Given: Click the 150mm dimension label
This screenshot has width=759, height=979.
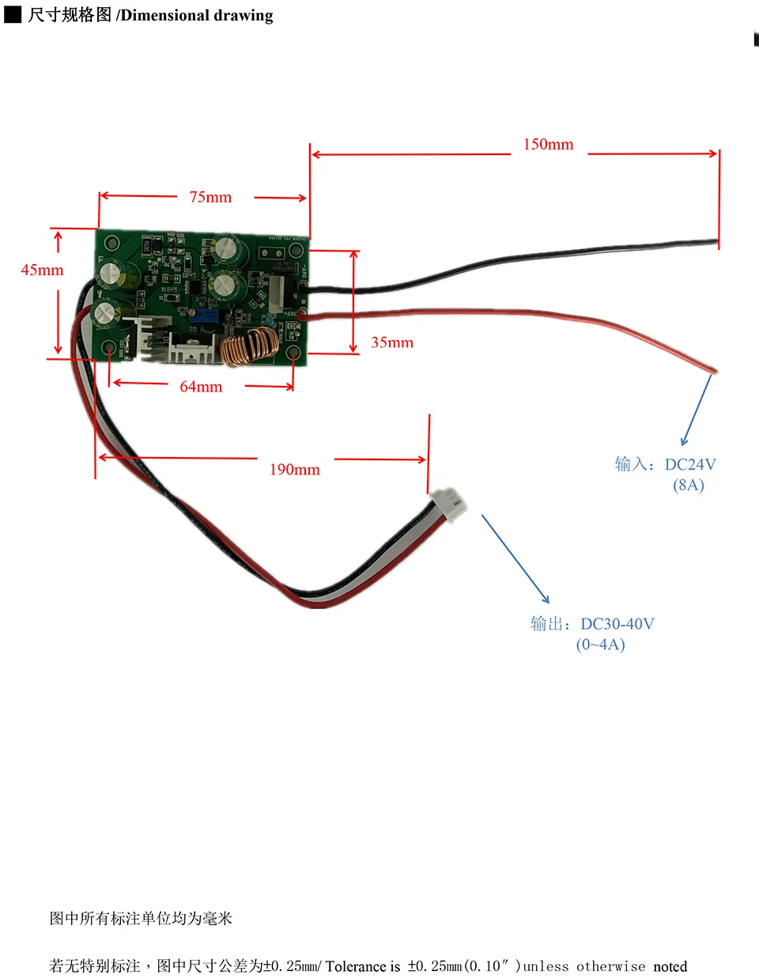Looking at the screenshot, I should pyautogui.click(x=548, y=145).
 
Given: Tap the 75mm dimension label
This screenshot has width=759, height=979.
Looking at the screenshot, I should pyautogui.click(x=210, y=198).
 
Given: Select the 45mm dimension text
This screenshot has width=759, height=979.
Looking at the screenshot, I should pyautogui.click(x=42, y=270).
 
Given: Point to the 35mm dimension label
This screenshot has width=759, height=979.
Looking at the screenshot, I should pyautogui.click(x=392, y=342).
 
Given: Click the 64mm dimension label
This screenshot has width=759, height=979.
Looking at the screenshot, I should pyautogui.click(x=201, y=387).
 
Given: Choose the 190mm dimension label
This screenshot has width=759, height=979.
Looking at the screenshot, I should pyautogui.click(x=295, y=470).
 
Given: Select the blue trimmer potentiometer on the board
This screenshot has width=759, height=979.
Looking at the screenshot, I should pyautogui.click(x=207, y=316).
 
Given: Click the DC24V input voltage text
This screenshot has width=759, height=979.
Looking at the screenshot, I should pyautogui.click(x=690, y=465).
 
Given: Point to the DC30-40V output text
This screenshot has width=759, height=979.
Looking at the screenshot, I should pyautogui.click(x=617, y=624).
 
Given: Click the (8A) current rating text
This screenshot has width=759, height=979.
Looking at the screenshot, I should pyautogui.click(x=689, y=486).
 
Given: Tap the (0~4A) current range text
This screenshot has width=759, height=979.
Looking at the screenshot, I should pyautogui.click(x=601, y=644).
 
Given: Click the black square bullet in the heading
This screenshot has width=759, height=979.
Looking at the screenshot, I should pyautogui.click(x=13, y=15).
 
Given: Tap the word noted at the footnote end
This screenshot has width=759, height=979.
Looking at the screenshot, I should pyautogui.click(x=670, y=966).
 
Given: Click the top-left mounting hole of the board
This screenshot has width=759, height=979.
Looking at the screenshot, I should pyautogui.click(x=111, y=243).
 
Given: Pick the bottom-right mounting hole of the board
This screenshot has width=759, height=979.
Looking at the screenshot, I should pyautogui.click(x=293, y=352).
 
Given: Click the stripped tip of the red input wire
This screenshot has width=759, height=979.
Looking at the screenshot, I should pyautogui.click(x=713, y=369).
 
